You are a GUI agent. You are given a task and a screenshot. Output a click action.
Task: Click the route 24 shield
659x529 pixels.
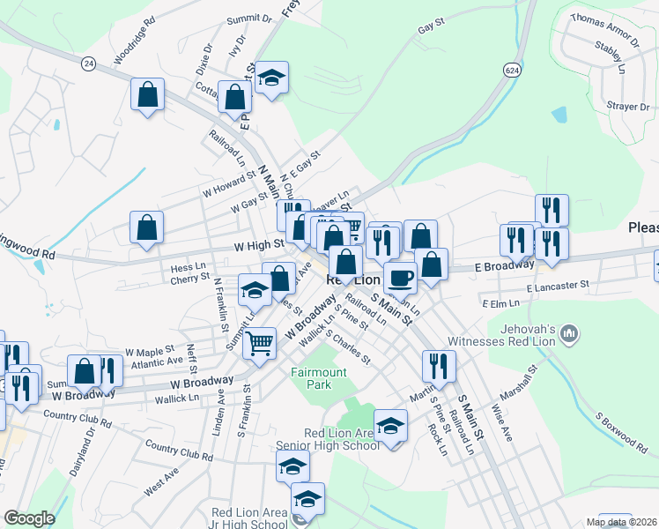pyautogui.click(x=88, y=63)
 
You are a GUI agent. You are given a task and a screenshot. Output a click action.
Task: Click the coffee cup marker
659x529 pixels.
pyautogui.click(x=400, y=278)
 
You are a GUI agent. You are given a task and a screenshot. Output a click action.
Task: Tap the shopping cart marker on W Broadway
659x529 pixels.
pyautogui.click(x=259, y=343)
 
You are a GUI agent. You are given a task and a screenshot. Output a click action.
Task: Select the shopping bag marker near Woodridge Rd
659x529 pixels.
pyautogui.click(x=148, y=95)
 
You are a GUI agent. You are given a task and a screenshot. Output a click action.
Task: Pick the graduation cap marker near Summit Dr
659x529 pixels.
pyautogui.click(x=272, y=79)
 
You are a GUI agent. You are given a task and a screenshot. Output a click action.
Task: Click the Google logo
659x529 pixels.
pyautogui.click(x=29, y=518)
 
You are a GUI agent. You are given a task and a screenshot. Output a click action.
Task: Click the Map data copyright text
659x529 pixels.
pyautogui.click(x=622, y=522)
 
